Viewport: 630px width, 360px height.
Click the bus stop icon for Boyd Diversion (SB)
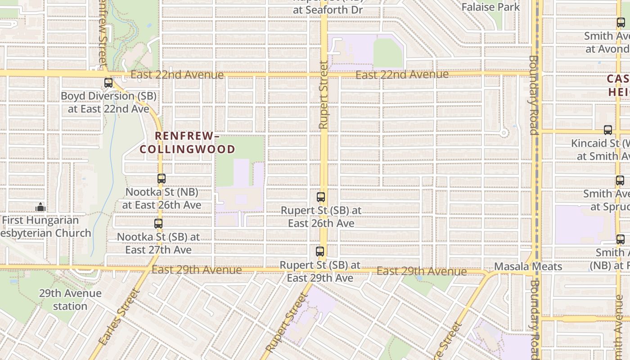tap(108, 83)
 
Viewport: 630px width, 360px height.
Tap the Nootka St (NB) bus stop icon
tap(162, 179)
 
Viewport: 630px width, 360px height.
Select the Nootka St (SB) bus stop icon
tap(158, 224)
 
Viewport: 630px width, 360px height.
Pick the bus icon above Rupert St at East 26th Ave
tap(321, 197)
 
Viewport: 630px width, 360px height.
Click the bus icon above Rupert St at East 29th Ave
tap(320, 252)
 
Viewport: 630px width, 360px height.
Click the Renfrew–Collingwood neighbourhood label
tap(187, 142)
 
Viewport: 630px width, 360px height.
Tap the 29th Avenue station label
tap(70, 300)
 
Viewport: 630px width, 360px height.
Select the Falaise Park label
tap(490, 7)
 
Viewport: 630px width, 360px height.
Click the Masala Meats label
tap(528, 266)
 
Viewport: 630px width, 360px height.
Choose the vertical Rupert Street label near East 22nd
tap(323, 95)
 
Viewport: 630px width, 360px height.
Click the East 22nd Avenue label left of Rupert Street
tap(177, 75)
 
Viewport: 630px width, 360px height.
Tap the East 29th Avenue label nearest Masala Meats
tap(421, 271)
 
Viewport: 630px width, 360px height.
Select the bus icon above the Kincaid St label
tap(608, 130)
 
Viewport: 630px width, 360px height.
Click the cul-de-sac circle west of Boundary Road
tap(504, 133)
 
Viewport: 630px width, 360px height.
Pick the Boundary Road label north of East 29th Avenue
tap(534, 95)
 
